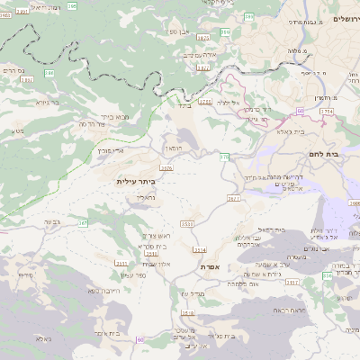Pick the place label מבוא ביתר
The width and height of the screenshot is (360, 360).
tap(114, 116)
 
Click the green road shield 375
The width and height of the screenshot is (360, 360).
tap(224, 157)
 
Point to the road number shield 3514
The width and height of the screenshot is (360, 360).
tap(199, 249)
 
